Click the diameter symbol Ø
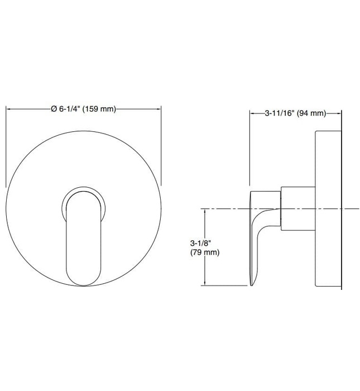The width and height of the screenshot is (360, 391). coord(54,109)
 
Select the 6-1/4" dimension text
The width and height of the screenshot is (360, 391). coord(69,109)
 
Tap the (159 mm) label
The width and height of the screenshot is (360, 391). coord(99,109)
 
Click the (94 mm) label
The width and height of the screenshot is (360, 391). coord(310,113)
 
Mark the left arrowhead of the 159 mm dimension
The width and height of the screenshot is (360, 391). coord(8,109)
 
